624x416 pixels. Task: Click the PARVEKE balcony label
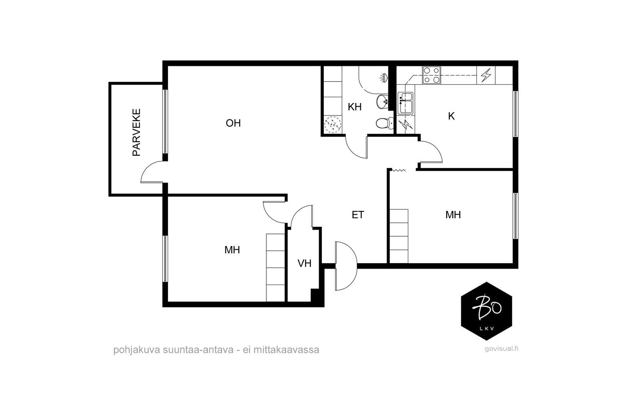(x=136, y=132)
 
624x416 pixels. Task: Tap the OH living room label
(x=233, y=123)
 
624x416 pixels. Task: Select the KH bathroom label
(x=355, y=107)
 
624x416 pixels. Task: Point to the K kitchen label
(x=451, y=116)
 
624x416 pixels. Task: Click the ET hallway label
(x=358, y=215)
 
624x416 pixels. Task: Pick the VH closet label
(x=305, y=263)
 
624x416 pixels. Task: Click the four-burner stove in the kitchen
(x=431, y=75)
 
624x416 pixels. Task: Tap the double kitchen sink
(x=406, y=103)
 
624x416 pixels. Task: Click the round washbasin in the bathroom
(x=382, y=102)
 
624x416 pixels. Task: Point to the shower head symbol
(x=384, y=78)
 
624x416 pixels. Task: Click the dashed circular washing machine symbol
(x=333, y=124)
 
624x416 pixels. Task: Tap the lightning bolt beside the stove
(x=486, y=75)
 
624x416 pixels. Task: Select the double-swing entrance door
(x=346, y=266)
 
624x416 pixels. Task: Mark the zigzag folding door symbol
(x=399, y=170)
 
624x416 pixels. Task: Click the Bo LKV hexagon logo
(x=486, y=311)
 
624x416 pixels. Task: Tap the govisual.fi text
(x=502, y=349)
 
